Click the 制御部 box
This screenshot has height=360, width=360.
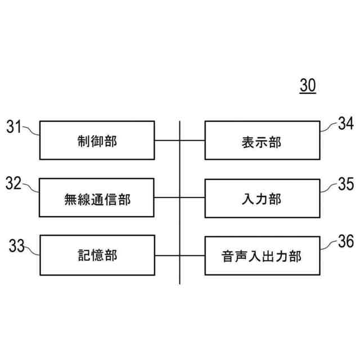click(x=97, y=141)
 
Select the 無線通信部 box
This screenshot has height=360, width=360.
click(x=97, y=198)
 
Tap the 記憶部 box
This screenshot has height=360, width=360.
click(x=97, y=255)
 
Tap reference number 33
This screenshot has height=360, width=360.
click(x=17, y=246)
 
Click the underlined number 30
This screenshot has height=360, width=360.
click(x=308, y=85)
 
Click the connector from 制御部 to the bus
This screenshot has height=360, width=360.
click(x=167, y=141)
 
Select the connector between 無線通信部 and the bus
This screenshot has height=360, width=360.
click(x=167, y=198)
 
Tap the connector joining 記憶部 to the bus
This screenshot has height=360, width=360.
click(x=167, y=255)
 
